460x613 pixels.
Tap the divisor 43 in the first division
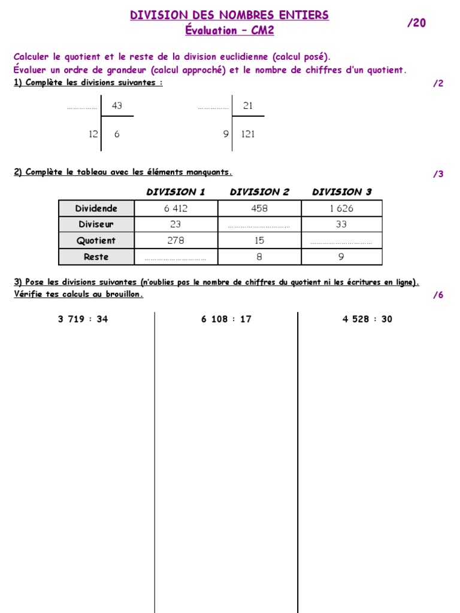tap(117, 106)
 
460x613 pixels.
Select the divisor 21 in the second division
tap(248, 106)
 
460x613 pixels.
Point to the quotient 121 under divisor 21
tap(248, 134)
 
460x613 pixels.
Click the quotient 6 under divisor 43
tap(117, 134)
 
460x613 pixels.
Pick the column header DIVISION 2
tap(259, 192)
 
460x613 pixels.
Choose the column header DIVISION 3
tap(341, 192)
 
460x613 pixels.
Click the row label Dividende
tap(96, 208)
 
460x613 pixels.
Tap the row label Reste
tap(96, 257)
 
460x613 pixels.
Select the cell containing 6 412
tap(176, 208)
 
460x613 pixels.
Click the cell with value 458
tap(259, 208)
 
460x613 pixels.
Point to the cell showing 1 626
tap(341, 208)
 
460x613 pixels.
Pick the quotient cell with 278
tap(176, 241)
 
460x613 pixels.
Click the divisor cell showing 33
tap(341, 224)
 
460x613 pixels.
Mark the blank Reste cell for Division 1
tap(176, 257)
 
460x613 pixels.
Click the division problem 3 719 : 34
tap(83, 319)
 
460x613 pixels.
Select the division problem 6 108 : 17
tap(226, 319)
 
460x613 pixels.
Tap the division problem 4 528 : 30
tap(367, 319)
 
